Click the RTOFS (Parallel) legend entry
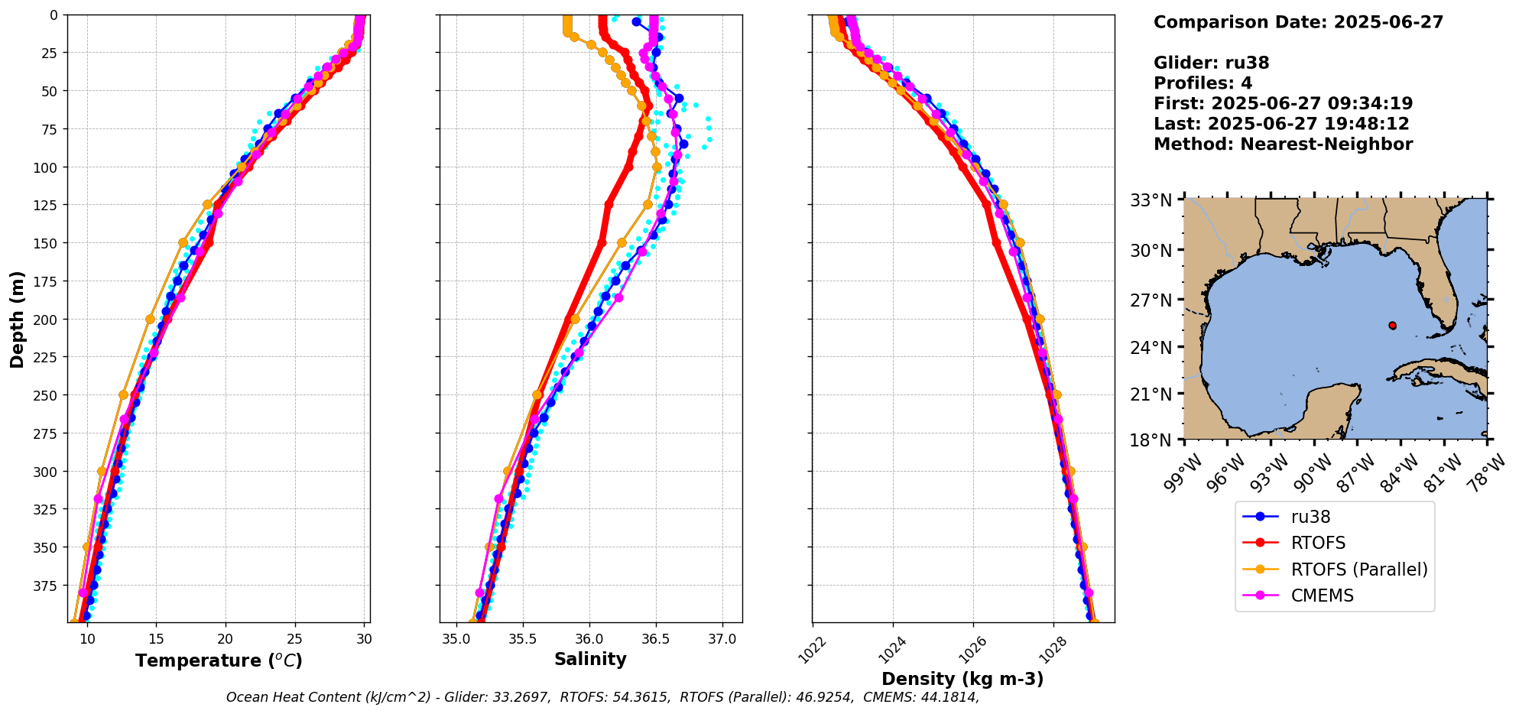(x=1358, y=570)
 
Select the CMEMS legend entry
(x=1322, y=596)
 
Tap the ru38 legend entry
(x=1310, y=517)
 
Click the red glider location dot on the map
(x=1392, y=326)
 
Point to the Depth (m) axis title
(x=17, y=319)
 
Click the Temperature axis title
(x=219, y=660)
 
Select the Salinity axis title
(x=590, y=659)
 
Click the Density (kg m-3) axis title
(x=962, y=679)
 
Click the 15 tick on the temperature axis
(x=156, y=639)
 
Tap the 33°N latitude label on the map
(x=1151, y=200)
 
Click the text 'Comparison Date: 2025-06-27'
(x=1298, y=22)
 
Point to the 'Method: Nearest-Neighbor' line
(x=1283, y=144)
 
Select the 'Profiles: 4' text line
(x=1203, y=83)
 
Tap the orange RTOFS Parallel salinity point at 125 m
(x=648, y=205)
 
